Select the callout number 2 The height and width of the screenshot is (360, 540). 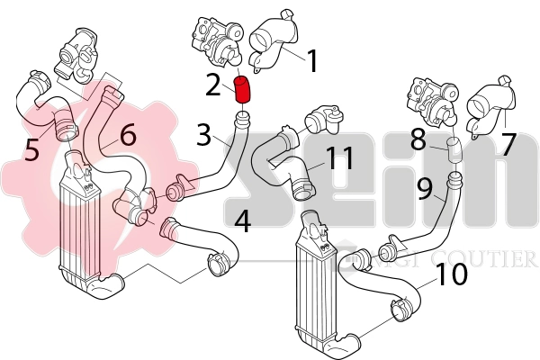[213, 85]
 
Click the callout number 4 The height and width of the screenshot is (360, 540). [243, 220]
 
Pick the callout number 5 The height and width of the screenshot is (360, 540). [32, 148]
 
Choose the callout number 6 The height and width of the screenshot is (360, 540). [127, 136]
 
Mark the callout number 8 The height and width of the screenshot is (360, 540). [418, 140]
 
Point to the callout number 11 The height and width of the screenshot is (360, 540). [340, 158]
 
